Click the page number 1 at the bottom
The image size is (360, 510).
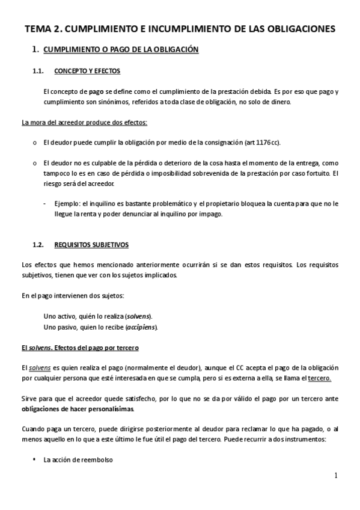(x=337, y=476)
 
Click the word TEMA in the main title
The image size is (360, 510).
(x=39, y=29)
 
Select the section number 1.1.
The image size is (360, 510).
(x=38, y=71)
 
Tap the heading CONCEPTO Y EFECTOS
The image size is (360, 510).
(x=87, y=71)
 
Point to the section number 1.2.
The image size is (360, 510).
(x=38, y=245)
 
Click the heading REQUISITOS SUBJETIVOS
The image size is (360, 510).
(x=91, y=245)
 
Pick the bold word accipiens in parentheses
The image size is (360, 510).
(x=141, y=327)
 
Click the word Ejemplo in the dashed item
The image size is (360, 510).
(x=66, y=203)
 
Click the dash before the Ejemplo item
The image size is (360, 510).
(x=46, y=203)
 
